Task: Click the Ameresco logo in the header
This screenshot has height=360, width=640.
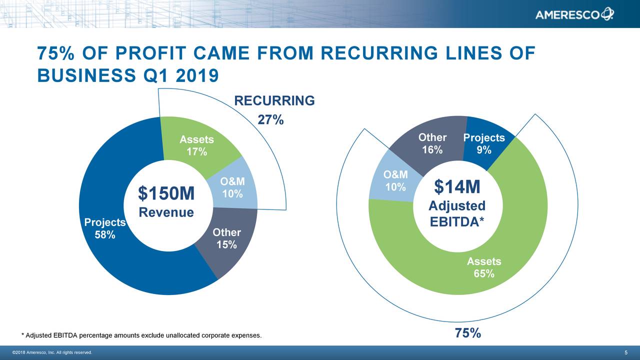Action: [574, 14]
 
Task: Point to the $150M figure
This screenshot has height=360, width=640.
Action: [166, 193]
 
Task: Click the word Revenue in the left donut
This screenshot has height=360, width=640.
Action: [166, 212]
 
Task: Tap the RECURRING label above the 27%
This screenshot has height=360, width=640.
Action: [274, 101]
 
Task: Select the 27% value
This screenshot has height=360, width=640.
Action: [270, 120]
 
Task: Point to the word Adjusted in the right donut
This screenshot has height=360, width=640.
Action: [457, 206]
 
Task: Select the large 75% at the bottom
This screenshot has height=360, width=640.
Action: [468, 333]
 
